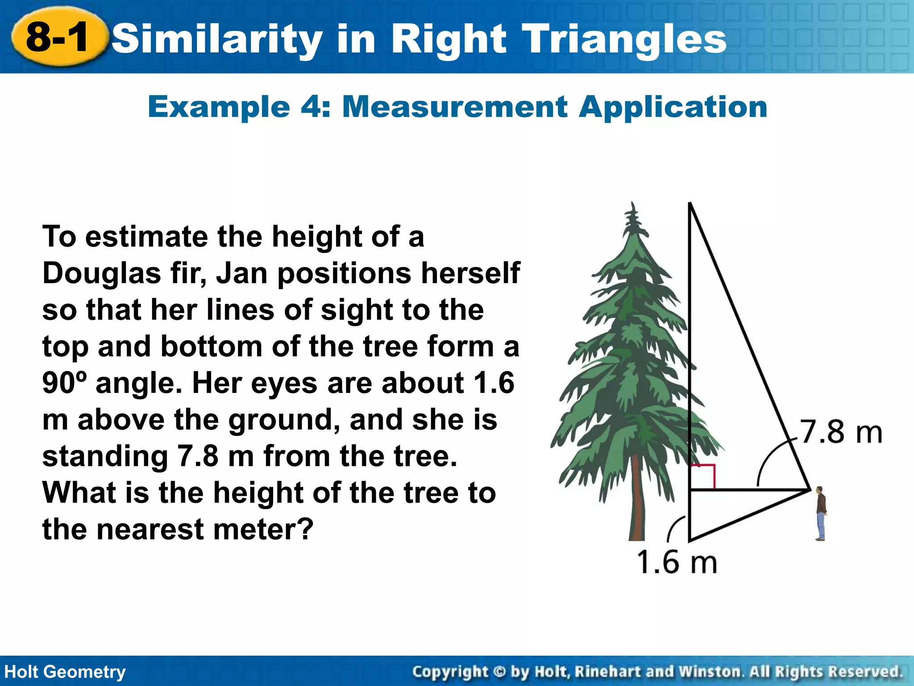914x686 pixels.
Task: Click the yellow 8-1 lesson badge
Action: (x=58, y=38)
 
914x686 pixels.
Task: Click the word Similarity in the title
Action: (x=217, y=39)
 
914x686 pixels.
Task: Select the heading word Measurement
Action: (x=455, y=107)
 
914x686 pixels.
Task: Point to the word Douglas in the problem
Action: (x=102, y=273)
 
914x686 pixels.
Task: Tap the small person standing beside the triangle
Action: (x=820, y=514)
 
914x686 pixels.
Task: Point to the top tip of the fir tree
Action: (x=632, y=205)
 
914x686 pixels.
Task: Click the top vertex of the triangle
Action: (x=690, y=205)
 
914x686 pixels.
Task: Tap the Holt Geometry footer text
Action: (x=65, y=672)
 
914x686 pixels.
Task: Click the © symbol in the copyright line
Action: (x=499, y=672)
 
